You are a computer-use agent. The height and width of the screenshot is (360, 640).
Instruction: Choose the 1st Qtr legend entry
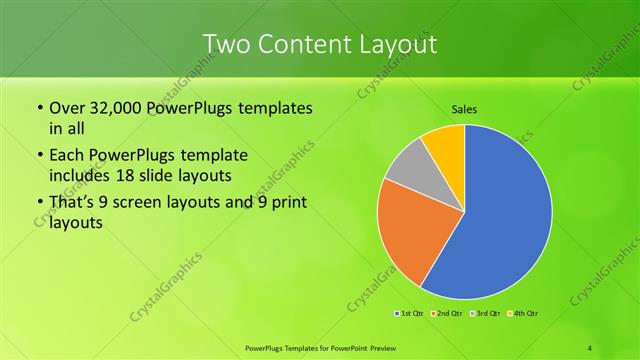[x=410, y=313]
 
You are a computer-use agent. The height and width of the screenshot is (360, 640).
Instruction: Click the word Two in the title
[x=226, y=44]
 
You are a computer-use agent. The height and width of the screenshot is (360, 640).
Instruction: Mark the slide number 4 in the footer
[x=589, y=347]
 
